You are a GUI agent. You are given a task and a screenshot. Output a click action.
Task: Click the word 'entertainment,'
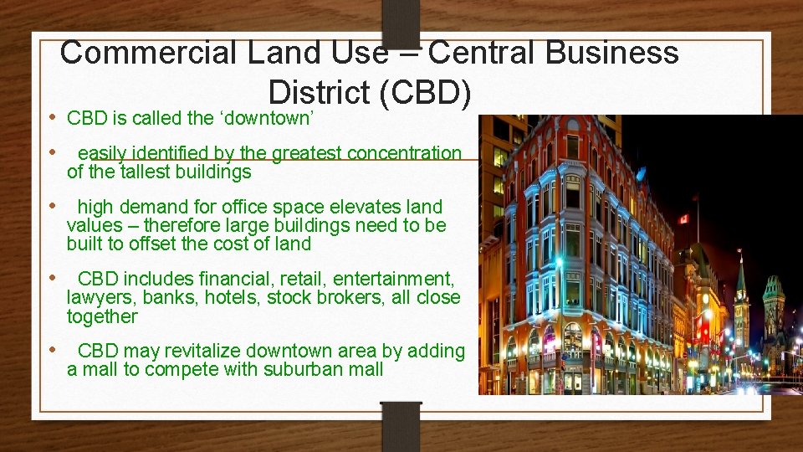click(x=394, y=279)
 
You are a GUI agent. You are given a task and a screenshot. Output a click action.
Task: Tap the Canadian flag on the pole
click(x=683, y=219)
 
